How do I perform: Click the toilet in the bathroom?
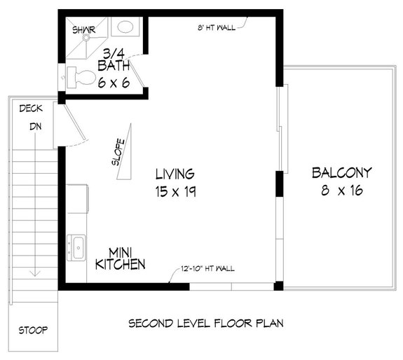[x=81, y=77]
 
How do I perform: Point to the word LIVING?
[x=175, y=174]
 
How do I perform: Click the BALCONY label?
[x=341, y=172]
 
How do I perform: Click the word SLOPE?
[x=118, y=151]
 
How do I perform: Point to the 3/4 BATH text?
[x=112, y=60]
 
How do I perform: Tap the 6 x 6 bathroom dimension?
[x=114, y=82]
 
